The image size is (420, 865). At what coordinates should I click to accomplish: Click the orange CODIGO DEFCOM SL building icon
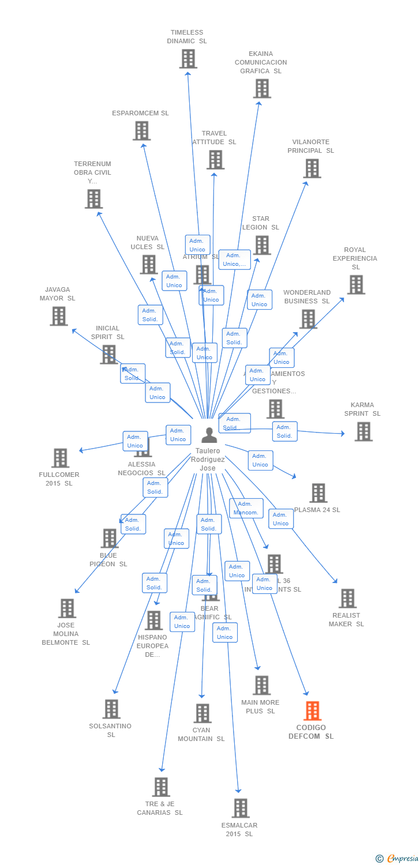(312, 711)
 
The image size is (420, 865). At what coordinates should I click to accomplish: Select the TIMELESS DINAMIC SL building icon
(188, 59)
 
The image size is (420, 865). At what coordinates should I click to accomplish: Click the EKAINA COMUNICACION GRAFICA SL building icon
(262, 89)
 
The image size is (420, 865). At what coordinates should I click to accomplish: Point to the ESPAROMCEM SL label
(140, 113)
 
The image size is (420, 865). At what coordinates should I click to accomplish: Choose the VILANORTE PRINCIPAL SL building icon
(312, 168)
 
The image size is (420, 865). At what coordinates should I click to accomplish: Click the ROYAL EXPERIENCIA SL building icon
(356, 285)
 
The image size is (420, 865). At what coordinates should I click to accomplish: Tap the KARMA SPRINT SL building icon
(363, 431)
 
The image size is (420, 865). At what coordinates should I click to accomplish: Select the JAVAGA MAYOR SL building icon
(58, 316)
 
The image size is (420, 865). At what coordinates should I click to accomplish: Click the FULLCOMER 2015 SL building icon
(60, 458)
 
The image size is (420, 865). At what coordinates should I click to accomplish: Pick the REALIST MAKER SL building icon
(347, 599)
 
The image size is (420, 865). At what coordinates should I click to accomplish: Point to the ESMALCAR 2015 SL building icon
(241, 808)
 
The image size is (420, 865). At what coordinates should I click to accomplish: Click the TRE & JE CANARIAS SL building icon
(160, 787)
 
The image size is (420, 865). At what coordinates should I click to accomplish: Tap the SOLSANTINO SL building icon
(111, 709)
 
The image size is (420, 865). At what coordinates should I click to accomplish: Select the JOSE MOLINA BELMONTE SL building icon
(67, 608)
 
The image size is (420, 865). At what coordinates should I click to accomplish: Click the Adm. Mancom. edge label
(246, 508)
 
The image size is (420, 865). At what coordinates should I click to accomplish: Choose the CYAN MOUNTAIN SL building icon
(202, 713)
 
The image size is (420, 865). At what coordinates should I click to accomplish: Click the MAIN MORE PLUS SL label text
(260, 706)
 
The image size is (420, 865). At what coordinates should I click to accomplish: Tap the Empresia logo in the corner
(398, 858)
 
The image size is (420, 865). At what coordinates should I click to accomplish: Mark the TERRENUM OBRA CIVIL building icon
(93, 199)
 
